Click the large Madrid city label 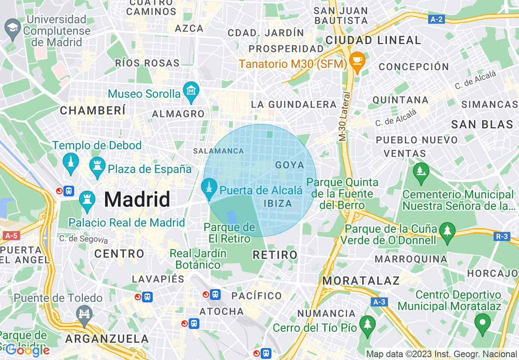(x=137, y=200)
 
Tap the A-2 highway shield (x=437, y=19)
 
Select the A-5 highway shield (x=11, y=236)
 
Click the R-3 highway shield (x=502, y=236)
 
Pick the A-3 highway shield (x=379, y=302)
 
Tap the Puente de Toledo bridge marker (x=84, y=315)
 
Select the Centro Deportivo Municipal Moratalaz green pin (x=483, y=322)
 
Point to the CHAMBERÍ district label (x=93, y=110)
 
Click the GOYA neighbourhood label (x=290, y=165)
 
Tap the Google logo (x=27, y=350)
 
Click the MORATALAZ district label (x=361, y=280)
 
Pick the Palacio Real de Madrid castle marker (x=87, y=200)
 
